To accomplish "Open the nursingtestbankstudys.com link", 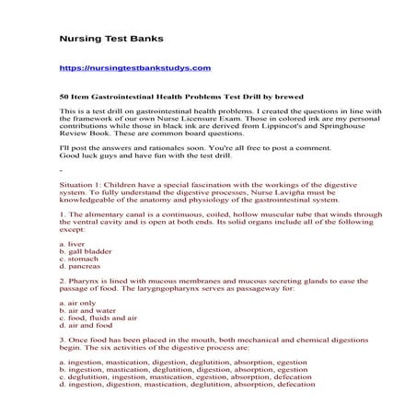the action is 135,67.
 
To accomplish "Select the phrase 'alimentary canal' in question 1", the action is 108,214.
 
